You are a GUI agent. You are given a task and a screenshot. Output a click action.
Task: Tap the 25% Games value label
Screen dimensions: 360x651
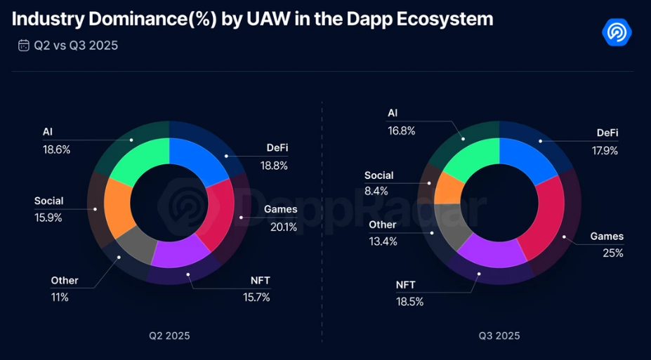pos(612,253)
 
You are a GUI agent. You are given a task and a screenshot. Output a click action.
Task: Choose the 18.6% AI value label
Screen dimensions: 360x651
pos(56,149)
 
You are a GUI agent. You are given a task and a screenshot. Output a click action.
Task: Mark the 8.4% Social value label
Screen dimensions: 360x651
pos(376,192)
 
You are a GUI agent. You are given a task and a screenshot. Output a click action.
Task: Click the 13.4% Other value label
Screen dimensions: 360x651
pos(383,241)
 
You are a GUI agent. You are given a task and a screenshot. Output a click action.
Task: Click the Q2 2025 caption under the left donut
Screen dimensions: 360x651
pos(169,335)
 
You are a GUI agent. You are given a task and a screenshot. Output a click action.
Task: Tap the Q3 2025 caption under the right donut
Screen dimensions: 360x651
pos(499,335)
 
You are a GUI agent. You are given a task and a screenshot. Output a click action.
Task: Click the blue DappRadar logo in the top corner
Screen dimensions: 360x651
pos(617,32)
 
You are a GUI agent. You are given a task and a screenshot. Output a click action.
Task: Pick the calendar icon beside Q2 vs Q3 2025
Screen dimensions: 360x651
pos(24,46)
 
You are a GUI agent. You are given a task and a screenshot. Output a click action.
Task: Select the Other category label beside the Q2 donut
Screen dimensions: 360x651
pos(65,280)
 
